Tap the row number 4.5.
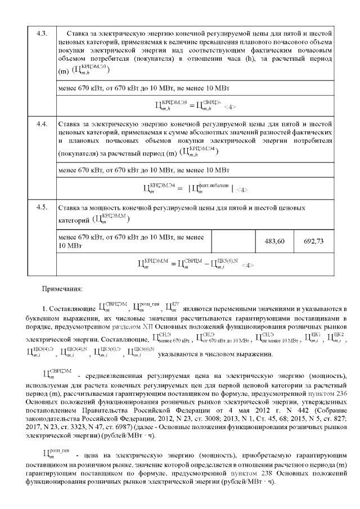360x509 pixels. (x=40, y=208)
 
